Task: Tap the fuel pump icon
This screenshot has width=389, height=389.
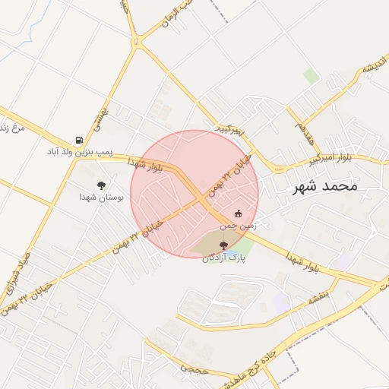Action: tap(79, 141)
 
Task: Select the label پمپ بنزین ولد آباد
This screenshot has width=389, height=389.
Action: tap(80, 153)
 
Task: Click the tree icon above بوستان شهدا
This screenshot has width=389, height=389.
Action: tap(101, 185)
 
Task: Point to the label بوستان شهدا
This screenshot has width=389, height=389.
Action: tap(101, 197)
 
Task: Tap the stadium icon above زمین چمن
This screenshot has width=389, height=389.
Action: tap(239, 213)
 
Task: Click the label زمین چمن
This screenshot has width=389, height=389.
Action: tap(239, 226)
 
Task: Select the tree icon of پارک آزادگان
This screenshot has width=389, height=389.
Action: tap(223, 245)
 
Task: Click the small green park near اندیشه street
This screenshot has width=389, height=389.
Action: tap(311, 75)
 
